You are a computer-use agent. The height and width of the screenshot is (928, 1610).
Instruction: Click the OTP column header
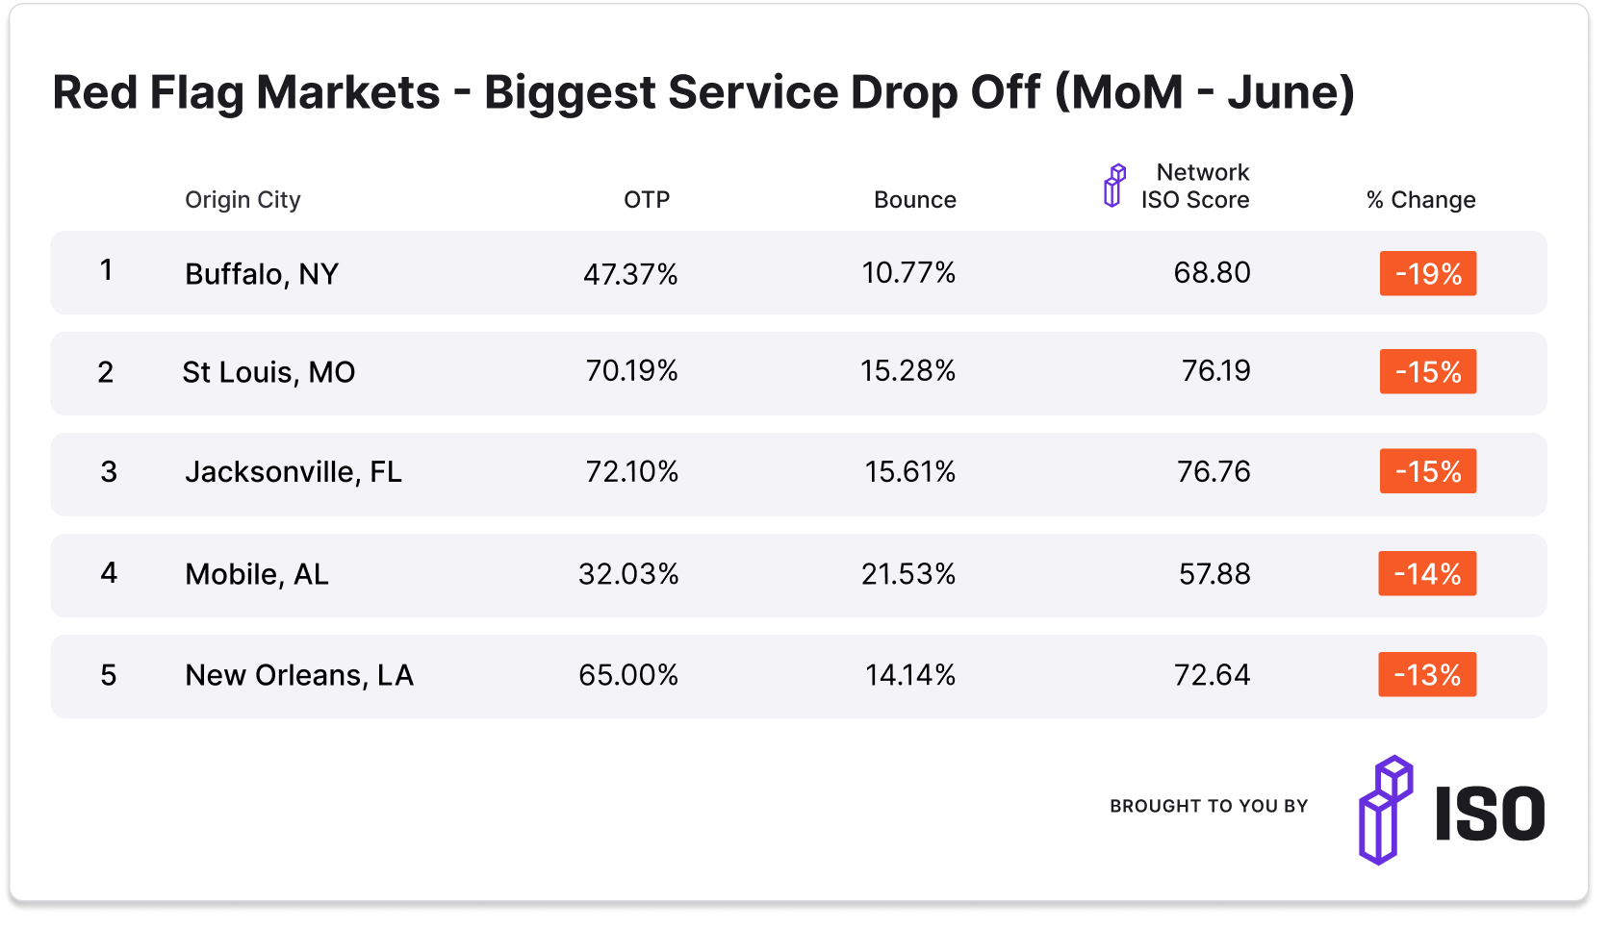coord(646,200)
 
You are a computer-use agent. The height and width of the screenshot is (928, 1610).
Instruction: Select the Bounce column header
coord(914,200)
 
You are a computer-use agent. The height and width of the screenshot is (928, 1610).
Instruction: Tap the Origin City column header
coord(243,200)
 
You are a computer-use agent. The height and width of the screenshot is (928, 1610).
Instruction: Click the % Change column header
coord(1420,200)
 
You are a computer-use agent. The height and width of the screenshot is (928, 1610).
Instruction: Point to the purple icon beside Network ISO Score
coord(1113,186)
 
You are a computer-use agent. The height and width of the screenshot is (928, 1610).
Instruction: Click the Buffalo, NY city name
coord(262,274)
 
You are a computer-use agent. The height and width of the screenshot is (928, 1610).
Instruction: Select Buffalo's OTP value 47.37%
coord(630,274)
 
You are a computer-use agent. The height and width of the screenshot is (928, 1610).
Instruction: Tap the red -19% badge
coord(1428,274)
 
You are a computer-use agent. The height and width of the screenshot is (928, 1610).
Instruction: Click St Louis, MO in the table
coord(268,372)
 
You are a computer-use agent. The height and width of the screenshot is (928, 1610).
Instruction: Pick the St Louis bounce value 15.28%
coord(907,371)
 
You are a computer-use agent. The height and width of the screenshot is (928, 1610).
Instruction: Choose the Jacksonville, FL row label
coord(294,472)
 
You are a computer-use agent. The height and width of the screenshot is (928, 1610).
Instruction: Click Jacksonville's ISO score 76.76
coord(1214,472)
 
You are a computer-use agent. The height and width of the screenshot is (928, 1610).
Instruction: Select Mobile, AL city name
coord(257,574)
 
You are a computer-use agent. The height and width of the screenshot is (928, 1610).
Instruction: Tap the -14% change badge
coord(1427,574)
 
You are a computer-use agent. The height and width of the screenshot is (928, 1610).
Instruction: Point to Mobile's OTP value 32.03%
coord(628,574)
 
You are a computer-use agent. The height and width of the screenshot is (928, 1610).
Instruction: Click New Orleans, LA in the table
coord(299,675)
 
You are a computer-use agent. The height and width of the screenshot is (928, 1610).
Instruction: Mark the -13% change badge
coord(1427,675)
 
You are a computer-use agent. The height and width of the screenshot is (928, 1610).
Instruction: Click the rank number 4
coord(109,573)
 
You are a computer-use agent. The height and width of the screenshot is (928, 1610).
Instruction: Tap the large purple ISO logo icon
coord(1386,810)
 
